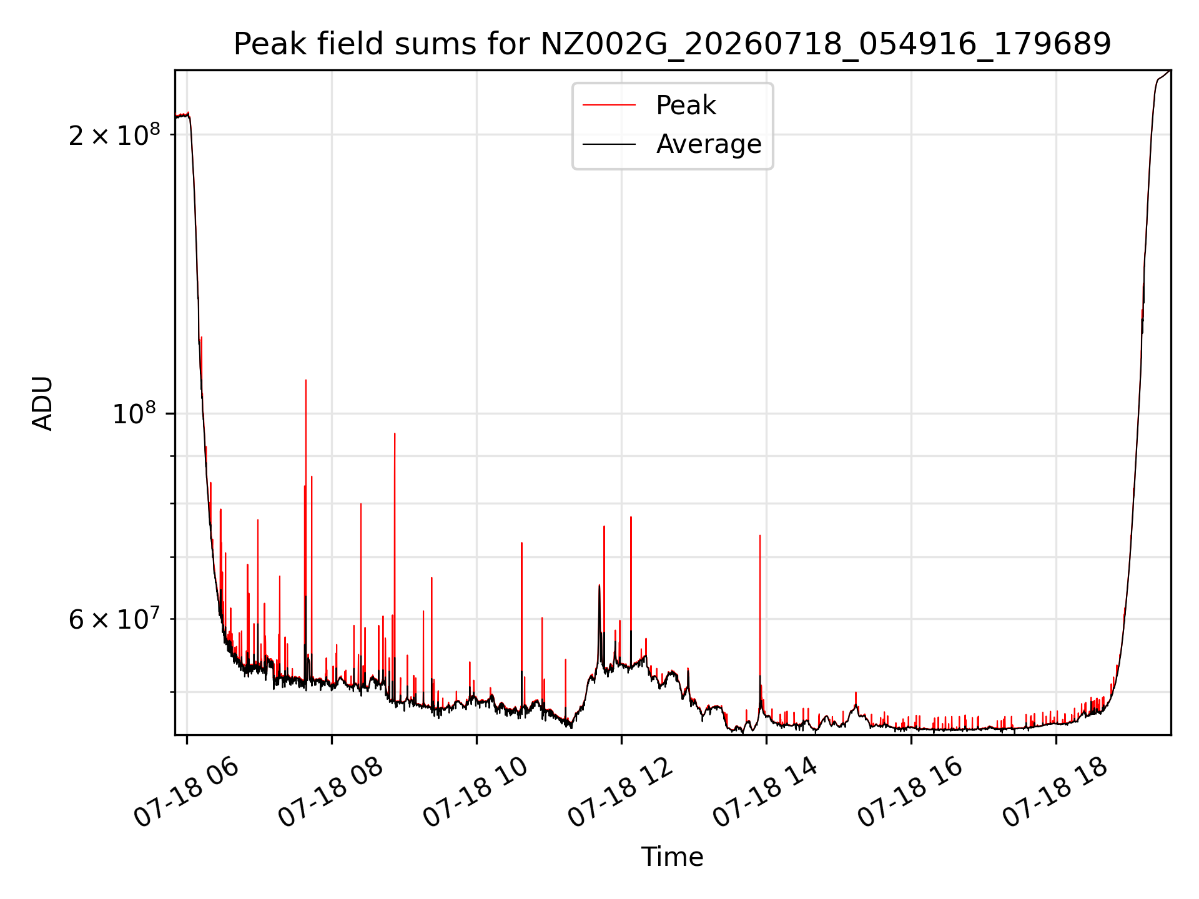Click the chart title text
click(x=672, y=44)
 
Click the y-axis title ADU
click(x=42, y=403)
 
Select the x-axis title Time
click(x=672, y=857)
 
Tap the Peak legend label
click(x=686, y=106)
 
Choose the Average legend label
click(x=709, y=144)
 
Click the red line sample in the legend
click(x=609, y=106)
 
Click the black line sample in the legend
click(x=609, y=144)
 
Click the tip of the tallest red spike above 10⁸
click(x=305, y=380)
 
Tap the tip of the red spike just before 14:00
click(x=759, y=535)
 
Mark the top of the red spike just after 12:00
click(x=631, y=517)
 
